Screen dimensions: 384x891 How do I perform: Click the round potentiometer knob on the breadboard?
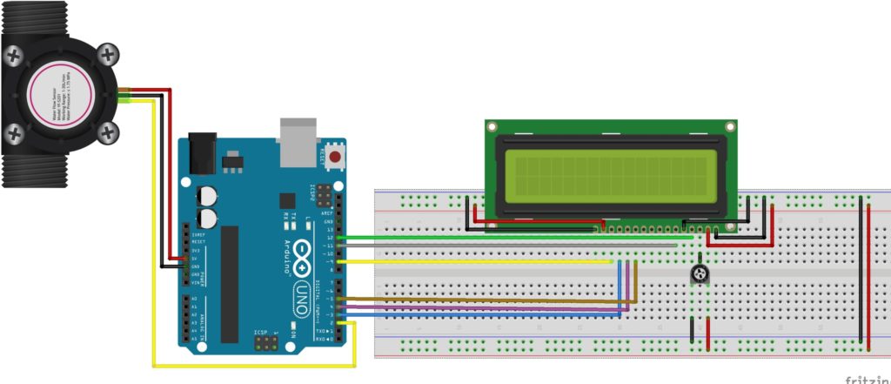[x=699, y=275]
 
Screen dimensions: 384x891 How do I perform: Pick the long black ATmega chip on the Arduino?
[x=229, y=283]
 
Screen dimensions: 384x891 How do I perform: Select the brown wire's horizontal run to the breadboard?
[x=487, y=301]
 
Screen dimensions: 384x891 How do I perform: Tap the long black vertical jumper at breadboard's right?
[x=861, y=270]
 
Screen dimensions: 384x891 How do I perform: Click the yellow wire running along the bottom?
[x=252, y=364]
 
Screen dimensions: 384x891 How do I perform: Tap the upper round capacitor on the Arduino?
[x=208, y=196]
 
